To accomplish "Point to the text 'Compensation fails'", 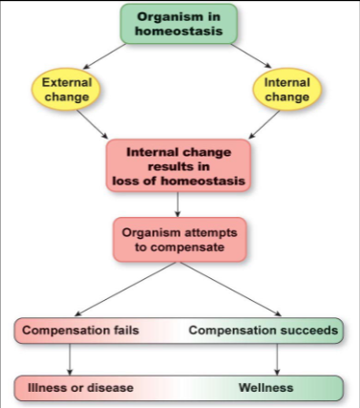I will point(81,331).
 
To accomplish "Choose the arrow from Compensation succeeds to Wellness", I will point(277,358).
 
